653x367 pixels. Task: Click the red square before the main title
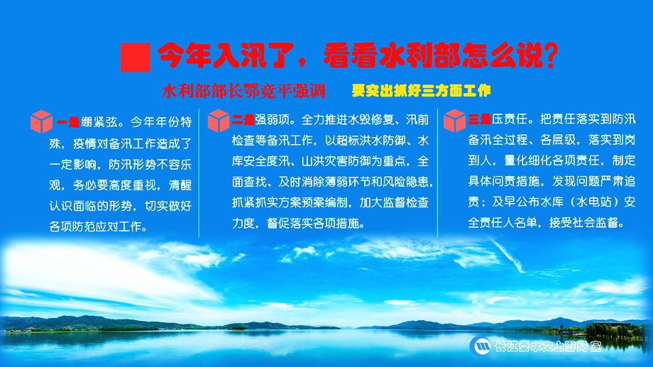pos(136,57)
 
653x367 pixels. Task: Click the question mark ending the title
pos(551,55)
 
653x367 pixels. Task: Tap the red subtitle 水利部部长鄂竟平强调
pos(243,91)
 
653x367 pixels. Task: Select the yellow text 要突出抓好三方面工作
pos(421,90)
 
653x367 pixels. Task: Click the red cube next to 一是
pos(41,121)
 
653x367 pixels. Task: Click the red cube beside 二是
pos(219,121)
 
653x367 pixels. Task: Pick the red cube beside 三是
pos(454,121)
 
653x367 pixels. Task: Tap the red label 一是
pos(68,123)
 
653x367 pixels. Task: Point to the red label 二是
pos(243,121)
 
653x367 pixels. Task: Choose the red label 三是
pos(480,120)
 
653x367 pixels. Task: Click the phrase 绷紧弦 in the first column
pos(99,122)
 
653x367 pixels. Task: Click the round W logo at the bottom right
pos(481,346)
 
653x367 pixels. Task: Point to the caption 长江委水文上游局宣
pos(548,346)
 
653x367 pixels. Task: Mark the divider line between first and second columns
pos(199,173)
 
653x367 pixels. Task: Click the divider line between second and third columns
pos(438,173)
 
